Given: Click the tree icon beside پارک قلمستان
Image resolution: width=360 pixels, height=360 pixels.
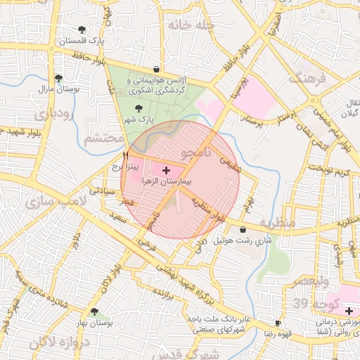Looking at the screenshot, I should (83, 30).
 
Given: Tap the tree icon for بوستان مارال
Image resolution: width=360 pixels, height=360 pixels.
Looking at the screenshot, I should (58, 78).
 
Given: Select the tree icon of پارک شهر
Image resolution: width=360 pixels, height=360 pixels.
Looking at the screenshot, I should (138, 108).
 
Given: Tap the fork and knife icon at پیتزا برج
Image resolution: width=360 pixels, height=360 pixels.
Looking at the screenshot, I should (125, 155).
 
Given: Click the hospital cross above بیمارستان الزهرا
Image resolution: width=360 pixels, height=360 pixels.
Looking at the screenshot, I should (166, 170).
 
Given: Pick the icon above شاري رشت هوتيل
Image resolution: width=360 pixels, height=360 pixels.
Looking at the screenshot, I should (243, 229).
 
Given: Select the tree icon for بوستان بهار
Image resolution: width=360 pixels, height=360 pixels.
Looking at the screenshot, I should (94, 311).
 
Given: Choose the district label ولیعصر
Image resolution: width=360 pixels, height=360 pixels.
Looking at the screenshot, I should (310, 282).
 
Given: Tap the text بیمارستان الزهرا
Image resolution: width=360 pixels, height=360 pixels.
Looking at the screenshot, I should (166, 181).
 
